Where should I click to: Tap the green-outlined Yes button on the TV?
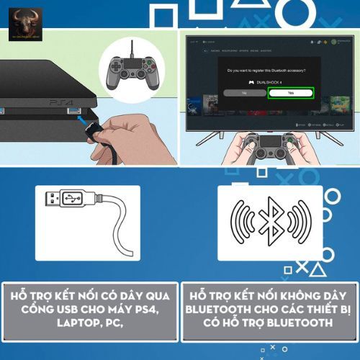(x=289, y=93)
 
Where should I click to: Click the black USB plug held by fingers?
(x=94, y=130)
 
